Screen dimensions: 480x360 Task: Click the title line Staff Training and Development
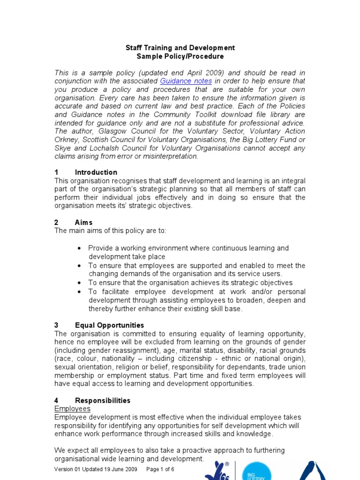click(x=180, y=48)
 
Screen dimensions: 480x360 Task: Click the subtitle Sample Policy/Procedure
click(x=180, y=56)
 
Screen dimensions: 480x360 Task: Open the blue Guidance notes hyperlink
click(x=186, y=81)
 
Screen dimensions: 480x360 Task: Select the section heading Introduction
click(x=96, y=172)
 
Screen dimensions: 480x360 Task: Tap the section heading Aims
click(x=84, y=222)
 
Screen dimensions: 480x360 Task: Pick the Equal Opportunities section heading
click(x=109, y=325)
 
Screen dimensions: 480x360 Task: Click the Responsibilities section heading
click(x=103, y=401)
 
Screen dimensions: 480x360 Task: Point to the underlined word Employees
click(x=72, y=409)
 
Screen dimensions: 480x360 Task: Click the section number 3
click(x=57, y=325)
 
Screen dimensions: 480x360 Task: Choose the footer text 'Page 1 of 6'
click(x=160, y=469)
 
